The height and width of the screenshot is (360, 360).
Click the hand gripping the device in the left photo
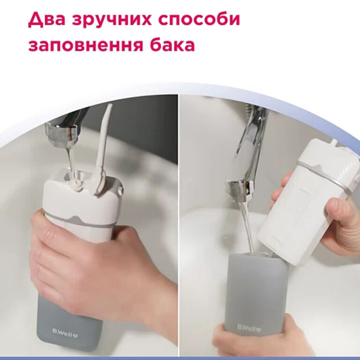[x=89, y=262]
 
